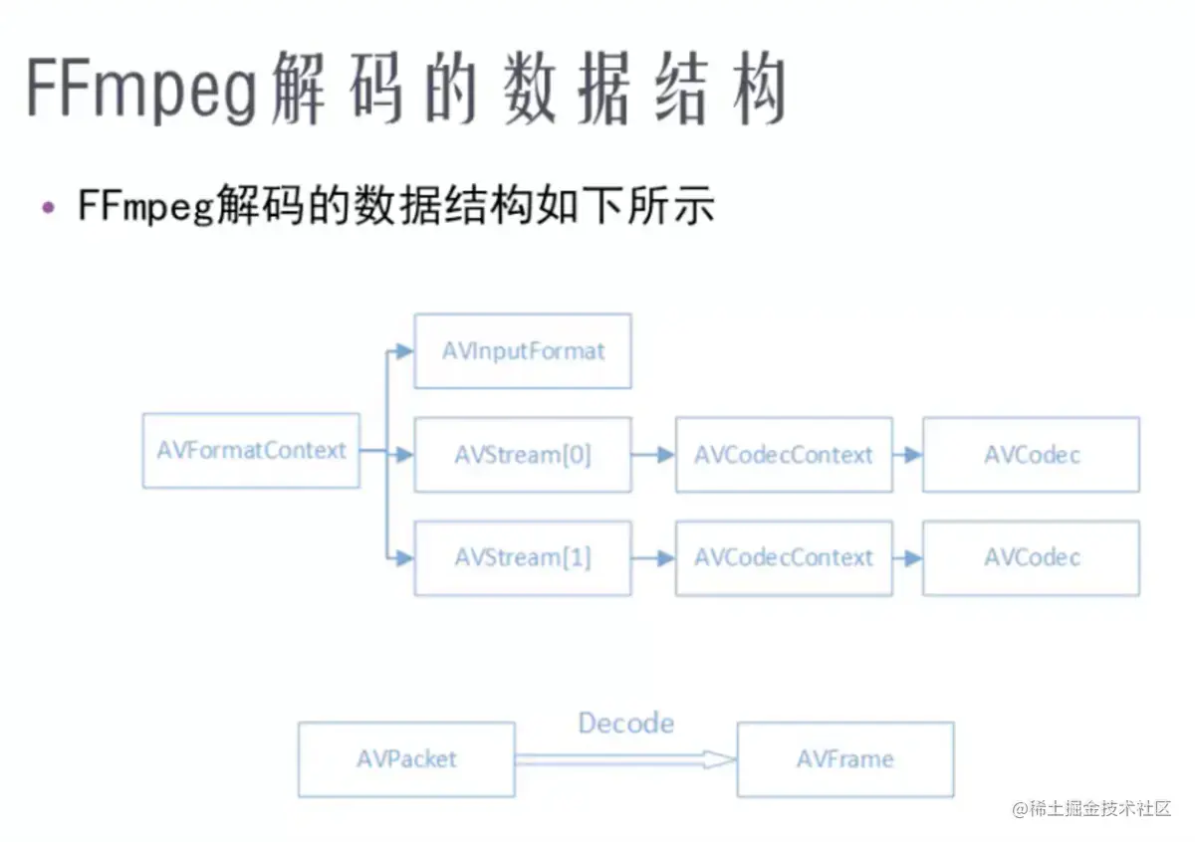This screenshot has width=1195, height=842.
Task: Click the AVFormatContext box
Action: click(x=251, y=451)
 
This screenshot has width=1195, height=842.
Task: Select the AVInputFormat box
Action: click(x=523, y=351)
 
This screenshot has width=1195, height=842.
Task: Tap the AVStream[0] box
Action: click(x=523, y=455)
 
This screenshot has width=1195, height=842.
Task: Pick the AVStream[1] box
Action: click(x=523, y=558)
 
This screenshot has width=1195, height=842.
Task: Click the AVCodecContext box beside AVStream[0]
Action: click(x=784, y=455)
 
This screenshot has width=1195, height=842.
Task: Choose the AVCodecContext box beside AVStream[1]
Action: click(x=784, y=558)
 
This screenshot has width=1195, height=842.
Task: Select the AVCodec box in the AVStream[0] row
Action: click(x=1031, y=455)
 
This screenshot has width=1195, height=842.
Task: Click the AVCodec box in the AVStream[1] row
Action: click(x=1031, y=558)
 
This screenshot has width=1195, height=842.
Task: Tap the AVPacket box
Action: click(x=406, y=759)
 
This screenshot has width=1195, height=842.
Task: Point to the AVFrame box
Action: click(x=845, y=759)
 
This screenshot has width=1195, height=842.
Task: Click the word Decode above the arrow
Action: click(x=625, y=723)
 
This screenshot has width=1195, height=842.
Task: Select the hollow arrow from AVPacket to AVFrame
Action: click(x=625, y=759)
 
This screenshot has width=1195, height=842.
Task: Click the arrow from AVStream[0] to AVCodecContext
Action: click(x=653, y=456)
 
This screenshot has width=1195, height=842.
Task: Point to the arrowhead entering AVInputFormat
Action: click(x=403, y=351)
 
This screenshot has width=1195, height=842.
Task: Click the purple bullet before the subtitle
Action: click(x=48, y=207)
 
